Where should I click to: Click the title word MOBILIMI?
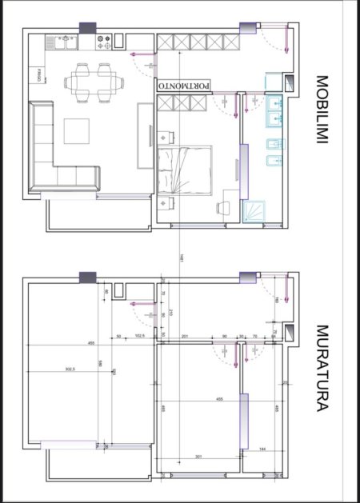pos(322,110)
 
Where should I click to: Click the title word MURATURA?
pos(322,367)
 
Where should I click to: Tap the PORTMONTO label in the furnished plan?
pos(185,84)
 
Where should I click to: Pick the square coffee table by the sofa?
pos(78,132)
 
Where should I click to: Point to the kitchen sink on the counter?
pos(61,39)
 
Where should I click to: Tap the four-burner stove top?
pos(102,38)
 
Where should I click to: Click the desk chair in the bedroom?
pos(223,210)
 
